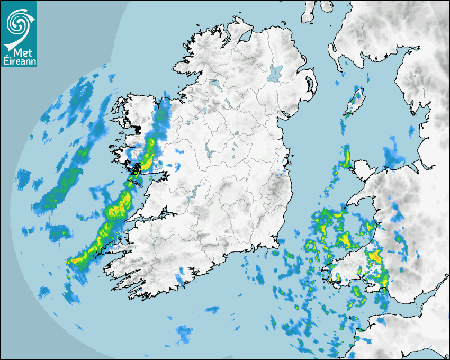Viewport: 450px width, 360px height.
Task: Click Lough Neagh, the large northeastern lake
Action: tap(275, 72)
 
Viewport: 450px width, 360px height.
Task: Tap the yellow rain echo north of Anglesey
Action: tap(347, 156)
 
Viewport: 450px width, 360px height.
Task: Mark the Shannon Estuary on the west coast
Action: tap(148, 217)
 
